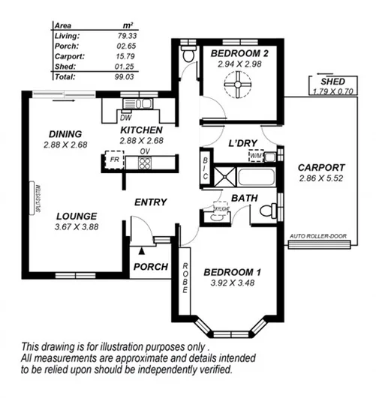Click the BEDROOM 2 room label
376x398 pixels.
point(238,54)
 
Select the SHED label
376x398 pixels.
point(332,81)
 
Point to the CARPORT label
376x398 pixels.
point(321,167)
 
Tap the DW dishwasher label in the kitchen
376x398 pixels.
point(125,117)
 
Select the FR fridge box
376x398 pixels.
point(115,160)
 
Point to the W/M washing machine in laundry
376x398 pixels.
point(257,156)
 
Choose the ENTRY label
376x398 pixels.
point(150,202)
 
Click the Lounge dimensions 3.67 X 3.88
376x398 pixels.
point(76,226)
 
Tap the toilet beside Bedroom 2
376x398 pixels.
point(188,55)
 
